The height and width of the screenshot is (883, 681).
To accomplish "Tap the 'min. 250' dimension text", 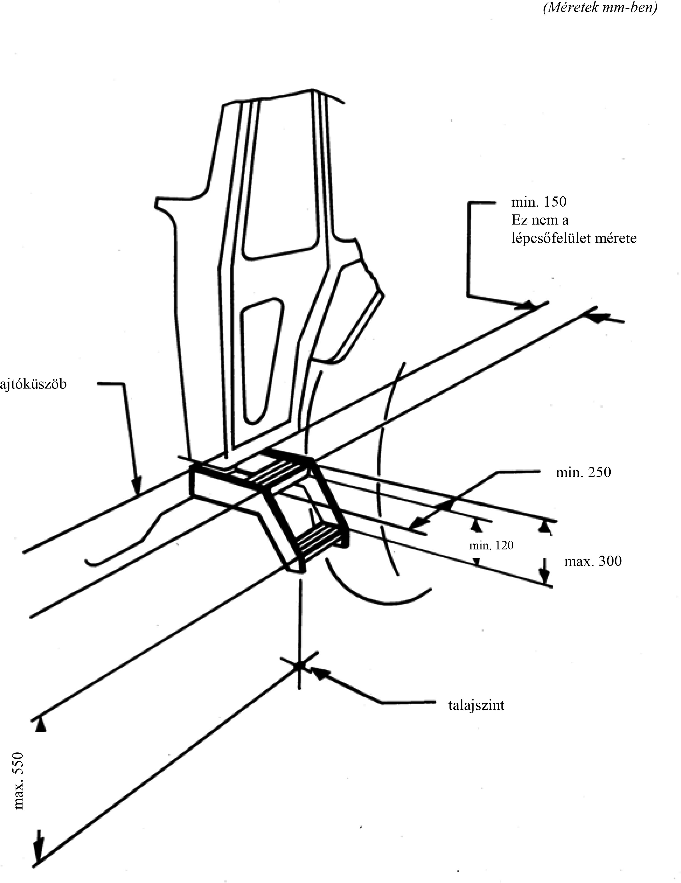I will coord(583,472).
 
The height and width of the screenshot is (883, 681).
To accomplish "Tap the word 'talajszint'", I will coord(476,706).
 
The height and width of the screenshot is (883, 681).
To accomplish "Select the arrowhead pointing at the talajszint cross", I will coord(317,672).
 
